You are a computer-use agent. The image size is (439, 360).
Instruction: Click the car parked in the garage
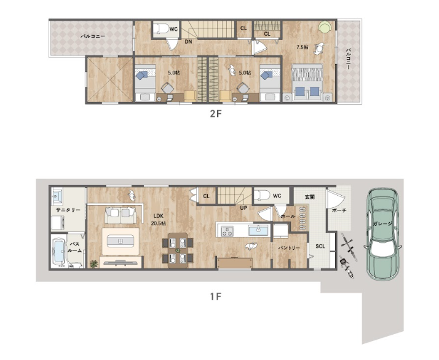[382, 233]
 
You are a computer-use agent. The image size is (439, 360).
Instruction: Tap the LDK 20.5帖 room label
[158, 220]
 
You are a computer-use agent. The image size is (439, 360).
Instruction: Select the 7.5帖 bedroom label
[303, 47]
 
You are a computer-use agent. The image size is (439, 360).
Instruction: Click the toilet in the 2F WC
[161, 28]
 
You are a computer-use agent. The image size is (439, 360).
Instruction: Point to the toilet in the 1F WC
[262, 194]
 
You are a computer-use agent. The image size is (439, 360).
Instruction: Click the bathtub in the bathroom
[59, 251]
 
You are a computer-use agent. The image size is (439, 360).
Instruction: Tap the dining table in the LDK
[178, 250]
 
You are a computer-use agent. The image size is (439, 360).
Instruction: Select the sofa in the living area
[121, 215]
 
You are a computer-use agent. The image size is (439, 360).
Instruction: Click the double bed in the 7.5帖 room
[307, 82]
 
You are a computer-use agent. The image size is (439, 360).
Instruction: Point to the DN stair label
[188, 41]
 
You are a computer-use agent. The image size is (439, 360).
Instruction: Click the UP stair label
[243, 208]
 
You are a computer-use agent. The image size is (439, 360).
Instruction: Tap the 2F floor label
[216, 114]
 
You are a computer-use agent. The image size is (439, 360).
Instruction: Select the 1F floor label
[216, 297]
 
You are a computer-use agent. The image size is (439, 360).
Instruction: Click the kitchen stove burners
[227, 231]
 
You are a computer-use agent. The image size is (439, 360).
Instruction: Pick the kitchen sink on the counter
[258, 231]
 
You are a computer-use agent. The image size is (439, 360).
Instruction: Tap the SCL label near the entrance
[320, 246]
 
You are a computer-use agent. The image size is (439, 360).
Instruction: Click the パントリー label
[289, 248]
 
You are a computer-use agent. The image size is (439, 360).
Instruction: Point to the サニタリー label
[68, 210]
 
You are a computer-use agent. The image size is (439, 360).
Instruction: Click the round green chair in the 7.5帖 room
[325, 28]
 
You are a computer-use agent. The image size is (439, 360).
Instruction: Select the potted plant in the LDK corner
[94, 264]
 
